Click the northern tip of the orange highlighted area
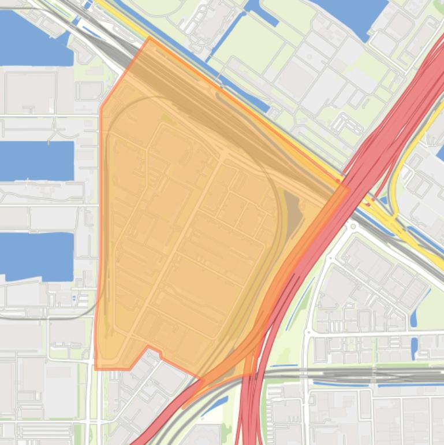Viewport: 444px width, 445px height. [x=150, y=38]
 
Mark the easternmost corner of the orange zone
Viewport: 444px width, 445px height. [x=349, y=187]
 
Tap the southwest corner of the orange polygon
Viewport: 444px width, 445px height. [x=95, y=369]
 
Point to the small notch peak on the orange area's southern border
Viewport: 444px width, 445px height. [x=148, y=346]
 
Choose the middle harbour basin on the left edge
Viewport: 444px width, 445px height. [x=35, y=161]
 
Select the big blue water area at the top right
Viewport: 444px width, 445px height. [x=352, y=14]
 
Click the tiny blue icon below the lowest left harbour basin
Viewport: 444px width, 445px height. [x=74, y=299]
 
